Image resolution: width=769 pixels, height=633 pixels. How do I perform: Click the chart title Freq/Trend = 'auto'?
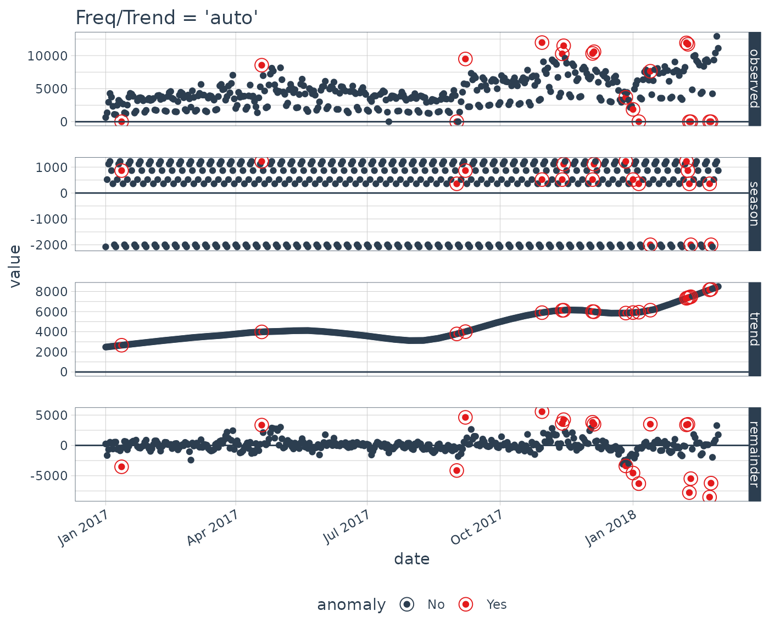(166, 18)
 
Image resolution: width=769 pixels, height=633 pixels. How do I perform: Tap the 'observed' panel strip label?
(754, 79)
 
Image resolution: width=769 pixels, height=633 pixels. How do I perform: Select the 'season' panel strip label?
(754, 204)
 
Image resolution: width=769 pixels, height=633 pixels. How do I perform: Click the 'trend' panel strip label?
(754, 329)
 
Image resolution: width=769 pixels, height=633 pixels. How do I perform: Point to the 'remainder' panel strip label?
(754, 454)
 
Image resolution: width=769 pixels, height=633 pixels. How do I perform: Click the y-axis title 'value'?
(15, 266)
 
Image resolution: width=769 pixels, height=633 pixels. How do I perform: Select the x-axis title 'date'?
(412, 559)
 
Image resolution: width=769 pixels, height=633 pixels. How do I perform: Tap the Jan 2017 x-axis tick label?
(83, 528)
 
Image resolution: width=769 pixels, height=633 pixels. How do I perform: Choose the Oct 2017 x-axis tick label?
(477, 528)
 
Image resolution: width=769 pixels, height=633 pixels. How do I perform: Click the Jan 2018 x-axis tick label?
(611, 528)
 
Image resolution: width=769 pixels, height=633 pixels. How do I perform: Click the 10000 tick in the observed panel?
(48, 56)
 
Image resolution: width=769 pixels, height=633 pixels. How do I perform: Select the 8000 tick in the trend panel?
(55, 291)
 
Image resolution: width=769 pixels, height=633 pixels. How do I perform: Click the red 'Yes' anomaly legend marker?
(466, 604)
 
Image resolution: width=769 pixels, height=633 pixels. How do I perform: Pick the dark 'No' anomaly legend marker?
(407, 604)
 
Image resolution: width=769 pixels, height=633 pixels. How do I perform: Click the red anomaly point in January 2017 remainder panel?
(121, 467)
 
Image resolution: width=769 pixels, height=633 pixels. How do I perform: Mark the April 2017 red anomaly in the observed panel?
(261, 65)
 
